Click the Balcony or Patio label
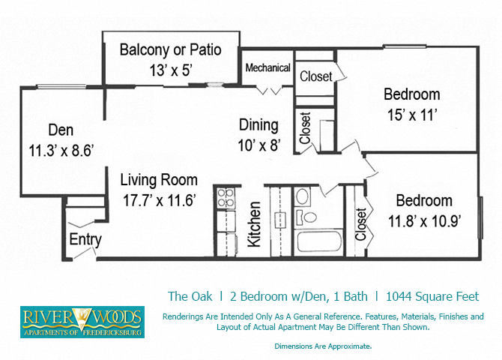coord(171,51)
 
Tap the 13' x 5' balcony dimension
coord(171,70)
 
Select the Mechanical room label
coord(267,68)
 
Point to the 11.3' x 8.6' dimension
coord(61,150)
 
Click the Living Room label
coord(160,180)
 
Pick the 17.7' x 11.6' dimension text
coord(160,200)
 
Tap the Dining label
coord(258,125)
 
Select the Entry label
coord(85,240)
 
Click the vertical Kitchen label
coord(255,224)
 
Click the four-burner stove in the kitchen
coord(226,197)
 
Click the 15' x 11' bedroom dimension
coord(411,115)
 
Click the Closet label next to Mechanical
coord(317,76)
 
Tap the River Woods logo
coord(82,322)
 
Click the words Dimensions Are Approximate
coord(323,346)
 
